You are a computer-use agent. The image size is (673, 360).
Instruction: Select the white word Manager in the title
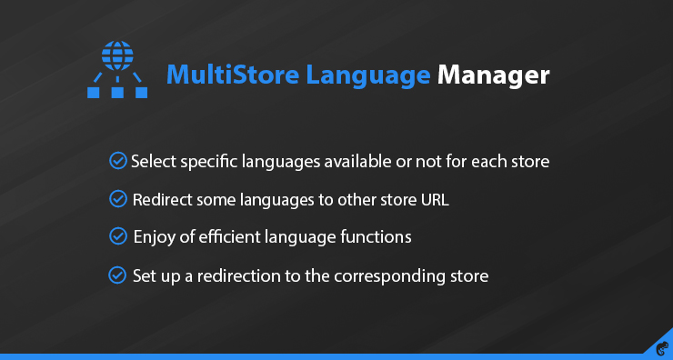(x=493, y=75)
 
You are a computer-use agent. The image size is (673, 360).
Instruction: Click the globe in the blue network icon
(x=116, y=56)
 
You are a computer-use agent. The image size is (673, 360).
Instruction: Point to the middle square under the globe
(x=116, y=91)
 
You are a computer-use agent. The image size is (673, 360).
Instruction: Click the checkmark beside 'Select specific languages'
(x=117, y=162)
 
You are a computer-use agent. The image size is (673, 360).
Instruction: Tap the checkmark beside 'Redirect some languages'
(x=117, y=198)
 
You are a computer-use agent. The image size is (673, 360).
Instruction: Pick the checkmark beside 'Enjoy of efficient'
(x=117, y=236)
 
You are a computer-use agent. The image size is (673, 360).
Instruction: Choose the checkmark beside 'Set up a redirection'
(x=117, y=274)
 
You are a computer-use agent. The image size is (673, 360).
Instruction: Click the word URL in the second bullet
(x=434, y=199)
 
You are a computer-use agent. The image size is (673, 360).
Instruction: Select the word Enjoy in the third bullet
(x=153, y=237)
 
